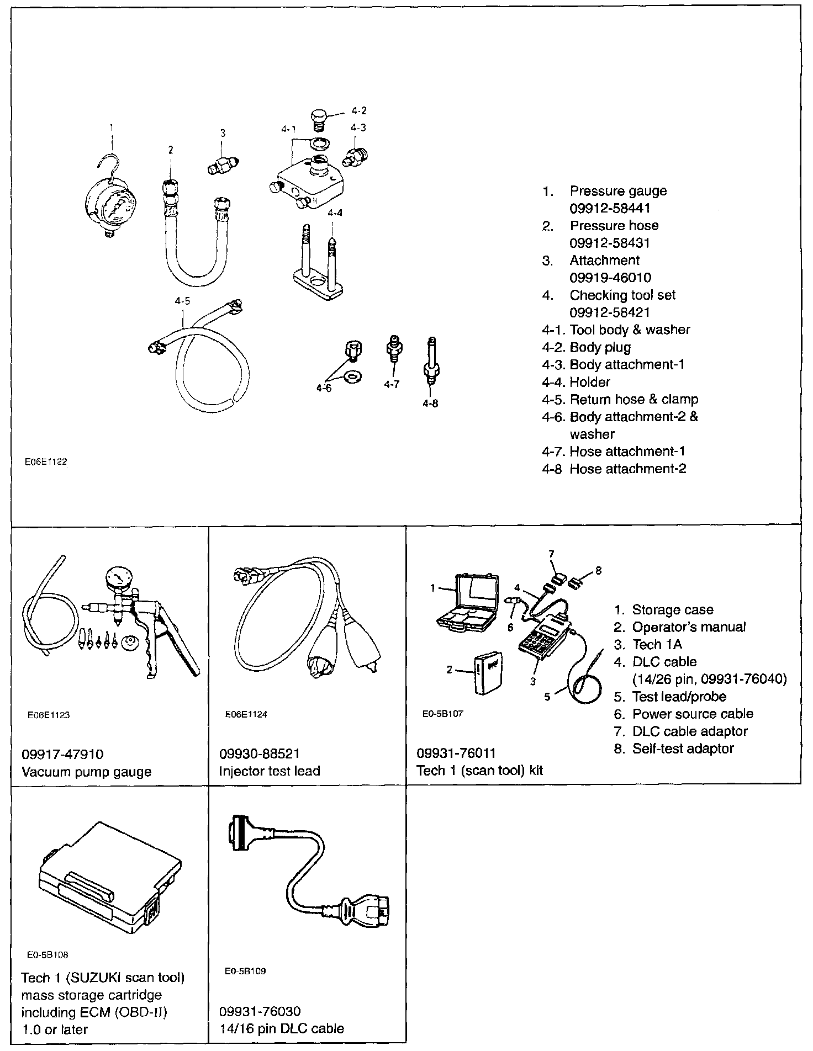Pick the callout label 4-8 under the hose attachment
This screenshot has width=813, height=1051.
[x=430, y=404]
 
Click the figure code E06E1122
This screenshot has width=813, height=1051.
[x=46, y=461]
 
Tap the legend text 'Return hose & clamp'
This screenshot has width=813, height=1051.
[x=634, y=399]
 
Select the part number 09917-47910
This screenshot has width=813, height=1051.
[x=62, y=753]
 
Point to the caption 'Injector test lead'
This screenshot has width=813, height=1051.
[x=270, y=771]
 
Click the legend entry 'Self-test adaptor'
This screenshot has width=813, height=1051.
[x=683, y=749]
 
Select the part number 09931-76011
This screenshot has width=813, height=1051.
[x=456, y=753]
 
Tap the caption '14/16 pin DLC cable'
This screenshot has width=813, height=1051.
[x=282, y=1028]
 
